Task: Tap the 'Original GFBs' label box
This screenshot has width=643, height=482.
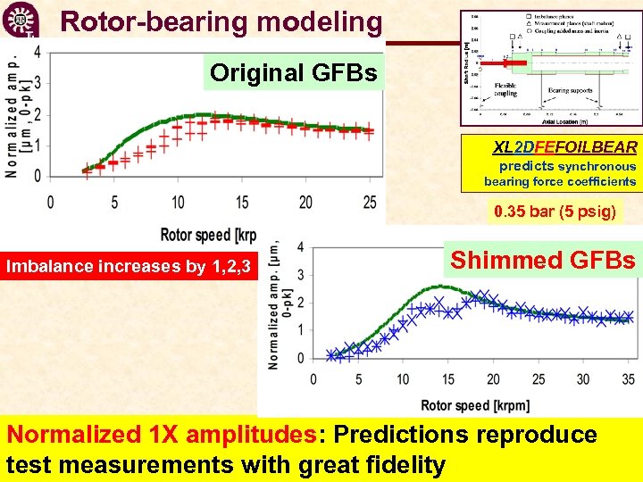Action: coord(296,73)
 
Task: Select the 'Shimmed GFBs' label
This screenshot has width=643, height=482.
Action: coord(543,260)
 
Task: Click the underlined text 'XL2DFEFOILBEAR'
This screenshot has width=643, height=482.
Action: coord(564,147)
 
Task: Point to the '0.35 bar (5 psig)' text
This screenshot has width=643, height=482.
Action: coord(555,212)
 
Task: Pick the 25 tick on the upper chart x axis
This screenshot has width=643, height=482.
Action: coord(370,203)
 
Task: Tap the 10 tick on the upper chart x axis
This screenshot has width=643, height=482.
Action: coord(178,203)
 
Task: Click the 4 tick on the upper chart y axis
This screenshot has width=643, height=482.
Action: coord(36,52)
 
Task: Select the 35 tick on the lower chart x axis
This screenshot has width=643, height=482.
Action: coord(629,380)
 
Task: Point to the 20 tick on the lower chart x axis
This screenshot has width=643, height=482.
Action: coord(493,380)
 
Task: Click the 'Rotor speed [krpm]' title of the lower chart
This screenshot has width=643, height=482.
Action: coord(475,405)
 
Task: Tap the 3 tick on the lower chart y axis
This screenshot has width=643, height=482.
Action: coord(300,274)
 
